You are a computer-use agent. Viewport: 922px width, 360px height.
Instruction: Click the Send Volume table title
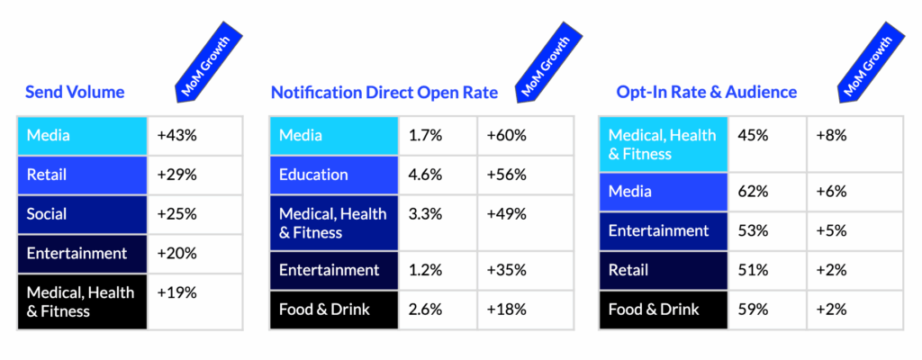(75, 92)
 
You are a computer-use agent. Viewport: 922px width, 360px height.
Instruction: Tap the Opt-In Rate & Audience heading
(707, 92)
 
